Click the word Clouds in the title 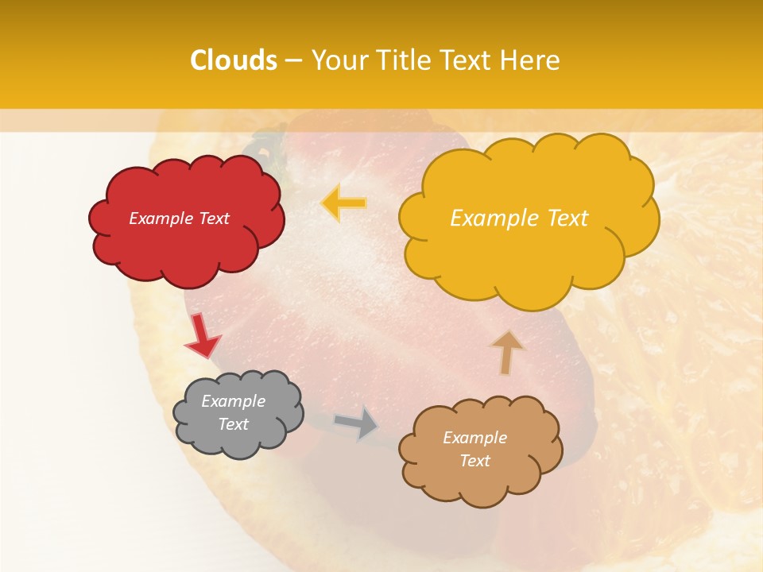pyautogui.click(x=234, y=60)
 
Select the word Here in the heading pyautogui.click(x=530, y=60)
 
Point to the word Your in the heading pyautogui.click(x=339, y=60)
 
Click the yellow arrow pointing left pyautogui.click(x=343, y=203)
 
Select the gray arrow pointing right pyautogui.click(x=357, y=423)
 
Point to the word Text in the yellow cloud pyautogui.click(x=559, y=218)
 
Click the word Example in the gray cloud pyautogui.click(x=233, y=401)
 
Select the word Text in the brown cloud pyautogui.click(x=474, y=461)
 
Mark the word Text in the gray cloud pyautogui.click(x=233, y=424)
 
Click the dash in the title pyautogui.click(x=293, y=61)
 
